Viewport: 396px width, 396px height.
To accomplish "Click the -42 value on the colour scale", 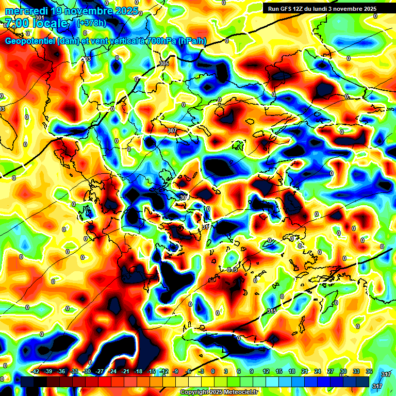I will pos(36,371).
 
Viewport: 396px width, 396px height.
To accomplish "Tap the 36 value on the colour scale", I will pos(369,371).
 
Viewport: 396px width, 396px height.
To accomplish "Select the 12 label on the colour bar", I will pos(266,371).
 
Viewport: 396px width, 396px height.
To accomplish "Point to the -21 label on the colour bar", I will pos(125,371).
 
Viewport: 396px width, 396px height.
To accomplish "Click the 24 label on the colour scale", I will pos(317,371).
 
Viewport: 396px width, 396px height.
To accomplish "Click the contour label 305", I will pos(164,63).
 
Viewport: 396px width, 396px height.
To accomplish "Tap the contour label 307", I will pos(172,131).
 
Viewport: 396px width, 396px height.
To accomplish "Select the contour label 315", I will pos(272,311).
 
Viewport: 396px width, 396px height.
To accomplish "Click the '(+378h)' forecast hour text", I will pos(91,23).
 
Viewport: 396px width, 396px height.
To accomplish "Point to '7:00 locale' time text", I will pos(36,23).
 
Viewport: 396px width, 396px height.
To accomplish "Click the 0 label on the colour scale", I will pos(213,371).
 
